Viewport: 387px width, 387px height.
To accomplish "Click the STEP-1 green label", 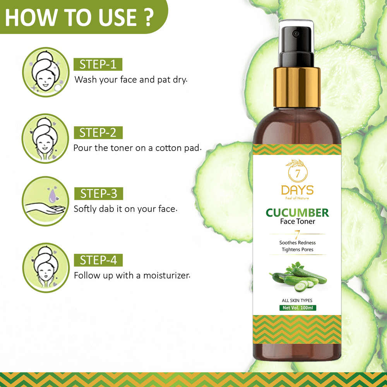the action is [98, 64].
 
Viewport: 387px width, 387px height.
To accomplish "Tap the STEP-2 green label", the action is [98, 132].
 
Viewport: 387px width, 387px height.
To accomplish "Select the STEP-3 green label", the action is [99, 193].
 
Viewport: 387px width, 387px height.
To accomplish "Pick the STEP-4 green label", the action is [98, 260].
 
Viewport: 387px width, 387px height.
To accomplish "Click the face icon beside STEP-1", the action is [46, 72].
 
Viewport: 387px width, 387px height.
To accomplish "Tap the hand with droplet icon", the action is [45, 201].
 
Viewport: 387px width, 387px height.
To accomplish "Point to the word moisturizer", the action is [167, 276].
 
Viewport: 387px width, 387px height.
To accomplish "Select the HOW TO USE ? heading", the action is [79, 17].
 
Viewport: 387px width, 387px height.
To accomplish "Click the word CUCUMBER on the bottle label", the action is [297, 213].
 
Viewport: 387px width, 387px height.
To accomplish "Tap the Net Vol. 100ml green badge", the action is [298, 308].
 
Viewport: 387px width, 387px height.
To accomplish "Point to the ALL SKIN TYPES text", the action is [297, 300].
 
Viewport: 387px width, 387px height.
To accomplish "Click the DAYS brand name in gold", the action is [297, 190].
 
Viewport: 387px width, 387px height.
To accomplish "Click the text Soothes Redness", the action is [297, 243].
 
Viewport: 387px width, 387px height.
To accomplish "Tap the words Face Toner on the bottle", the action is [297, 221].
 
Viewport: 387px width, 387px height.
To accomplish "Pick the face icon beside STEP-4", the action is [46, 268].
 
